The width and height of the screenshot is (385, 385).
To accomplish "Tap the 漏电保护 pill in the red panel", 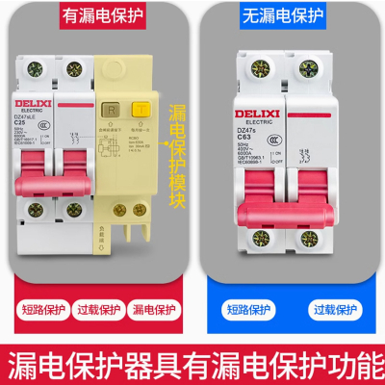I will [155, 310].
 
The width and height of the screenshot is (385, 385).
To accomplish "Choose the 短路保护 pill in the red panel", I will [39, 310].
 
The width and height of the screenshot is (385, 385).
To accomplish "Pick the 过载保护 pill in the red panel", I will [97, 310].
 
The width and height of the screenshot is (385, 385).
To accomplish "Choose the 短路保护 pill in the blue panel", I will [247, 310].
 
